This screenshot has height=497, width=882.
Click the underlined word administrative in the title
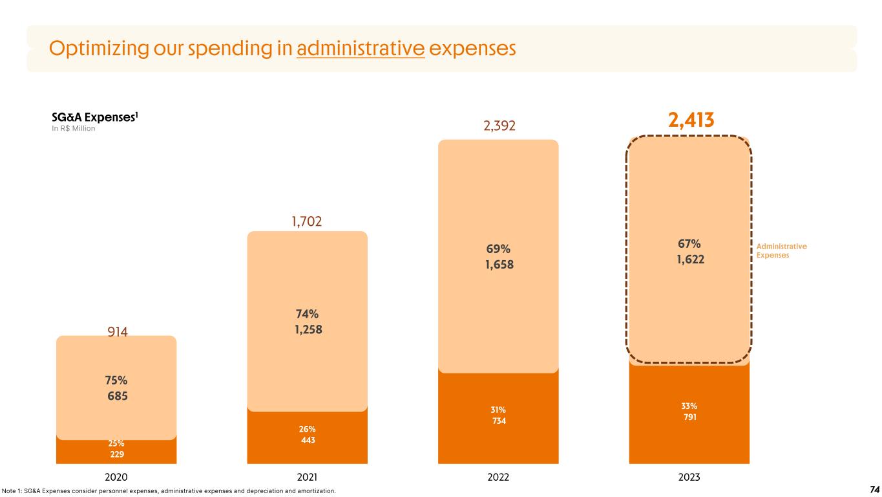click(x=361, y=49)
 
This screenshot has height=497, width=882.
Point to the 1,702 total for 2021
click(x=308, y=223)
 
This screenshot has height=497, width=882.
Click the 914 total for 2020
click(x=117, y=332)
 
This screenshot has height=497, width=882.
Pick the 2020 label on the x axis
click(x=116, y=478)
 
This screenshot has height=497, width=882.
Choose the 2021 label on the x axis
click(x=307, y=478)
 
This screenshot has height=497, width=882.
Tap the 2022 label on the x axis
click(x=498, y=478)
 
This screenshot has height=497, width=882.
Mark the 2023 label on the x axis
click(x=689, y=478)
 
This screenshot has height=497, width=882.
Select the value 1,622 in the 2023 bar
click(x=689, y=258)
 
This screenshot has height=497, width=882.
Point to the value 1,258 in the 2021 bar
click(x=308, y=329)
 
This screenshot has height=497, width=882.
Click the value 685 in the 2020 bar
click(x=117, y=395)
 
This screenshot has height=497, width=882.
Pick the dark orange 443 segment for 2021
click(x=308, y=441)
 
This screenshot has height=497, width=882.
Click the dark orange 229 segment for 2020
click(x=116, y=454)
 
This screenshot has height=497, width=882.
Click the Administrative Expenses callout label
click(x=782, y=251)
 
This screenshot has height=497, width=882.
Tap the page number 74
click(x=875, y=490)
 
